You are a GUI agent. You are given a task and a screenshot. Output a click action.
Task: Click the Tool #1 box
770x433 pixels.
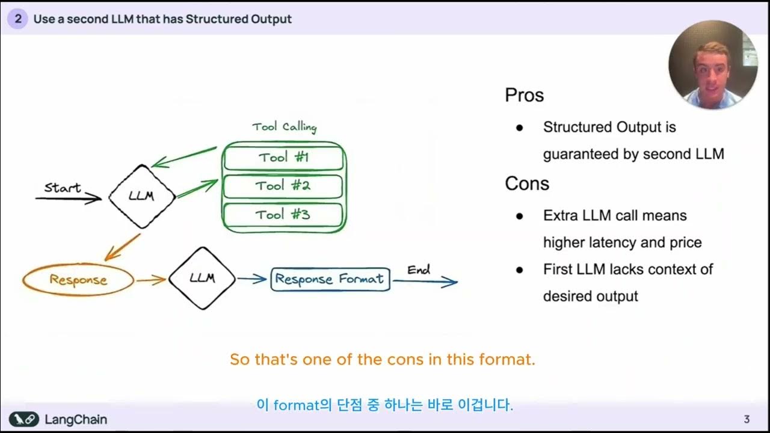tap(284, 158)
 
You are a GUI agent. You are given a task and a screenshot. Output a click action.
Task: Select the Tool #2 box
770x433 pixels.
tap(283, 186)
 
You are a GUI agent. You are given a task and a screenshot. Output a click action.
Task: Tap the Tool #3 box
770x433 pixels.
tap(283, 215)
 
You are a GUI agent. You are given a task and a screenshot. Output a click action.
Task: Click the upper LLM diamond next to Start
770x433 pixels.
tap(142, 196)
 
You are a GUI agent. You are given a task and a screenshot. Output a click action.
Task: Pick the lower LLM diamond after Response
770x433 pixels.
tap(202, 278)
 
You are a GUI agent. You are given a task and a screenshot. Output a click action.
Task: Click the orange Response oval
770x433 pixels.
tap(78, 280)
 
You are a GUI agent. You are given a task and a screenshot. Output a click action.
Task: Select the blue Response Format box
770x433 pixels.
tap(330, 280)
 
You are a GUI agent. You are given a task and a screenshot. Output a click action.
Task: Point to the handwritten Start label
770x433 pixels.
tap(63, 188)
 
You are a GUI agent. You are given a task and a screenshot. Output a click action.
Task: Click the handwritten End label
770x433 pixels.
tap(419, 270)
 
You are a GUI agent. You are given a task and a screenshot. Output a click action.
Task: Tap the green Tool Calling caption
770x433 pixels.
tap(284, 127)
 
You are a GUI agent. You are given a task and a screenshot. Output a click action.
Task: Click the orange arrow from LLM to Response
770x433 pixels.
tap(123, 247)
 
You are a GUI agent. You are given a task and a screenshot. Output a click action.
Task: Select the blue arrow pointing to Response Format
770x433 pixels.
tap(251, 278)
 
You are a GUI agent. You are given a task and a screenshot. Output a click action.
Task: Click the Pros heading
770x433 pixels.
tap(524, 96)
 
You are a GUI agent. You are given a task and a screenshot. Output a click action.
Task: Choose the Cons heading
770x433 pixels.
tap(527, 183)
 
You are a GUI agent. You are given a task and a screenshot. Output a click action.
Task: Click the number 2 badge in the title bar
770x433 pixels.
tap(18, 19)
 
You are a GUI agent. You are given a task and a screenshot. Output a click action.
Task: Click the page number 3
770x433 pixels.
tap(747, 419)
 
